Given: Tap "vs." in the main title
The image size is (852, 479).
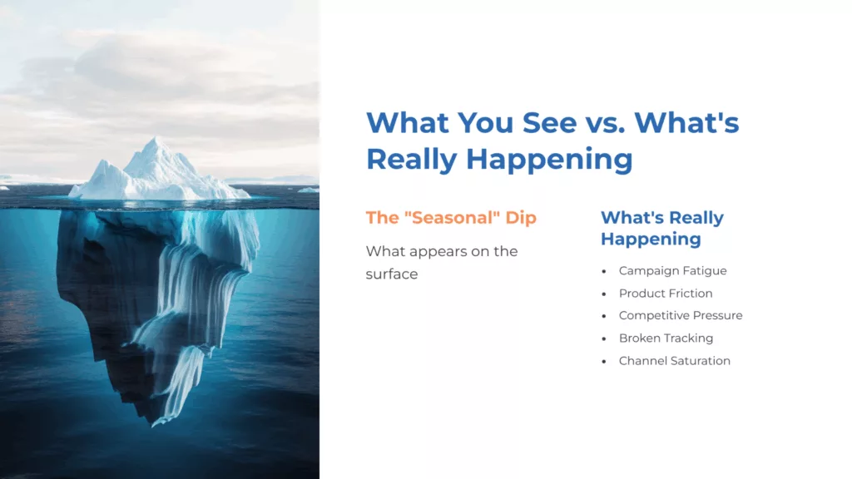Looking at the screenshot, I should click(x=604, y=123).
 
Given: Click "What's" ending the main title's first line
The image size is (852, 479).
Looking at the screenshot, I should click(x=687, y=123).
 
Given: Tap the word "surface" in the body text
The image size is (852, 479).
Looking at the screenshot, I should click(x=392, y=274).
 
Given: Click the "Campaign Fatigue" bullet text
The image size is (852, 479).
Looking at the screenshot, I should click(x=672, y=271).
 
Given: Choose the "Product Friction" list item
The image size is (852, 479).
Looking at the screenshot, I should click(x=666, y=294).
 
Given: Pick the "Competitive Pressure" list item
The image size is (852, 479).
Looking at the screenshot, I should click(x=681, y=316).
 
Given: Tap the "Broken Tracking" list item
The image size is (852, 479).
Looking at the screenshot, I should click(x=666, y=338).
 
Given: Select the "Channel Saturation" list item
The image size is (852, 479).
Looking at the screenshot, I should click(x=675, y=361).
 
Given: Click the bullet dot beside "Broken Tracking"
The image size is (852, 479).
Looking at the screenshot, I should click(x=604, y=339).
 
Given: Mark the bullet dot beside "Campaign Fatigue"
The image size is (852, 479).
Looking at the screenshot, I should click(x=604, y=272).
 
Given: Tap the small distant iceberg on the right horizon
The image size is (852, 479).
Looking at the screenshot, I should click(x=308, y=190).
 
